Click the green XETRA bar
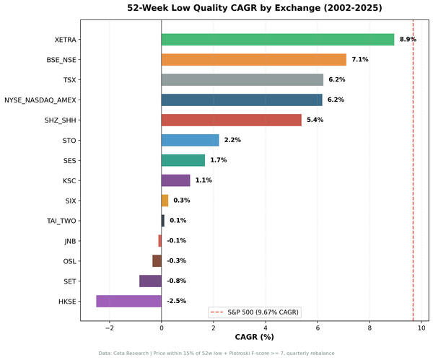278,40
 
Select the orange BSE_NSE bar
253,60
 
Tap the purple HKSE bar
128,301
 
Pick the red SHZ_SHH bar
231,120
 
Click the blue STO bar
190,140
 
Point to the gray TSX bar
242,80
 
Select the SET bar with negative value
150,281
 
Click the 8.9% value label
408,40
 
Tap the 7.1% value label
360,60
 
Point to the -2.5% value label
176,301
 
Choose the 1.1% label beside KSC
204,180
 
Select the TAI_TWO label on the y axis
61,221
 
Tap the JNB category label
70,241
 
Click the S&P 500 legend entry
255,312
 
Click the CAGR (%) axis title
255,337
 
